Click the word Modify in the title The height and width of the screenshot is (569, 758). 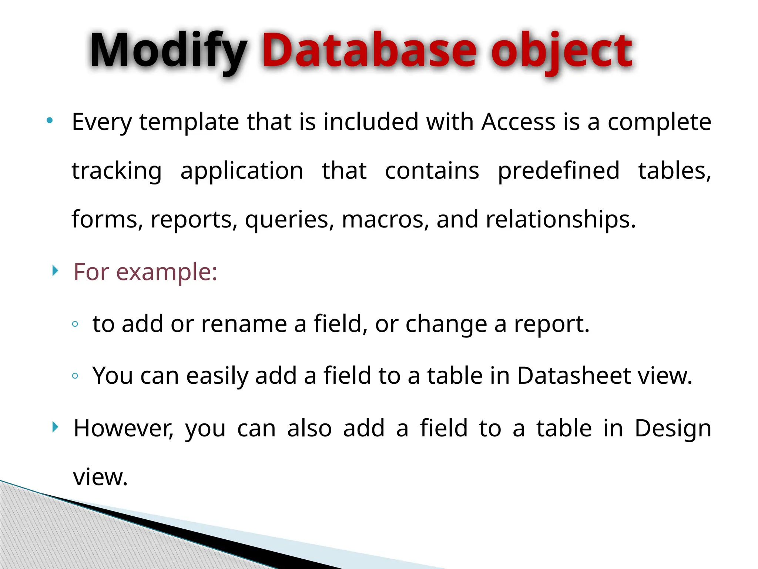pyautogui.click(x=168, y=51)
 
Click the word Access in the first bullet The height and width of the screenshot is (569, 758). pyautogui.click(x=518, y=122)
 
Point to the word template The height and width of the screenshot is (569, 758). pyautogui.click(x=189, y=123)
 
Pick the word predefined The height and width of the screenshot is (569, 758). pyautogui.click(x=559, y=171)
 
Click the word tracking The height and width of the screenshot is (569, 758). pyautogui.click(x=117, y=171)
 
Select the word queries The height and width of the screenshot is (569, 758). pyautogui.click(x=287, y=220)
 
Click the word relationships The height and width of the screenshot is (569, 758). pyautogui.click(x=560, y=219)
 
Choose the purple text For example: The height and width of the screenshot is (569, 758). pyautogui.click(x=145, y=272)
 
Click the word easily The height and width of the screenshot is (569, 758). pyautogui.click(x=217, y=376)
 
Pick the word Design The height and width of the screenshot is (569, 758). pyautogui.click(x=673, y=429)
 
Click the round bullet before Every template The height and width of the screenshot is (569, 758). pyautogui.click(x=50, y=120)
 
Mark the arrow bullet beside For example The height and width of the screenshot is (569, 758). pyautogui.click(x=55, y=271)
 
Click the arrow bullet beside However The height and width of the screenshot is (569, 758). pyautogui.click(x=55, y=427)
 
